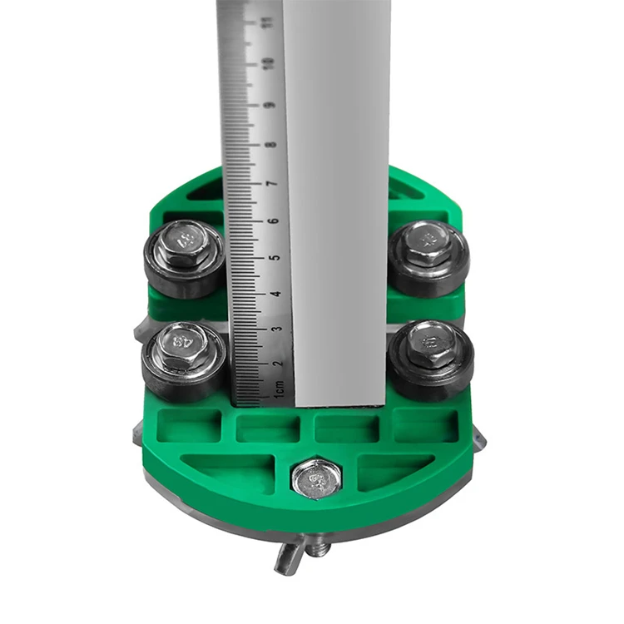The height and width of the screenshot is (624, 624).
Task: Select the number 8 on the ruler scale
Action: tap(271, 145)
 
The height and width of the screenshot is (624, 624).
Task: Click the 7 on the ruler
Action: tap(272, 182)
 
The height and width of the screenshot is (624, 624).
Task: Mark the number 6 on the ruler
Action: tap(274, 221)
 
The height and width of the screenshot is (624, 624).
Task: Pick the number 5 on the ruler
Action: tap(275, 258)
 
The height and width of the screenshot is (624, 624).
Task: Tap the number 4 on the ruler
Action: tap(276, 294)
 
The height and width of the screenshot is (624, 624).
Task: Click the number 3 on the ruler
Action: tap(277, 328)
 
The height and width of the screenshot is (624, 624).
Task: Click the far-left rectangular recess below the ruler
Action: tap(189, 425)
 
